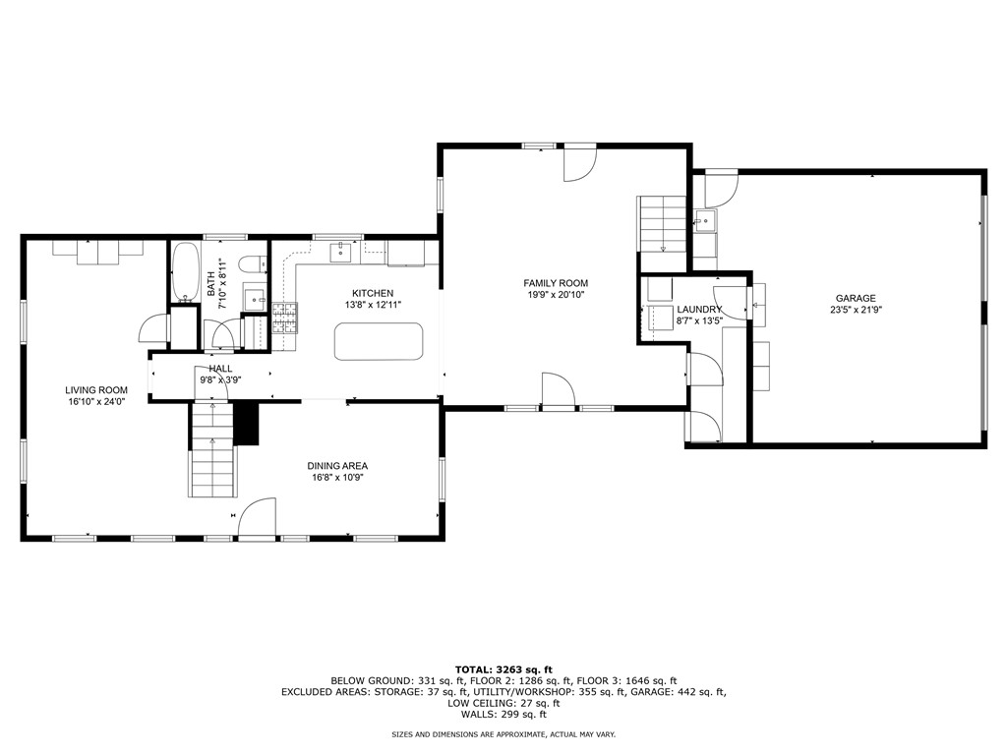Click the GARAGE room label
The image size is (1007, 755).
(856, 299)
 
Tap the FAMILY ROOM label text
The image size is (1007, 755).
(556, 283)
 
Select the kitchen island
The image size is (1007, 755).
(380, 343)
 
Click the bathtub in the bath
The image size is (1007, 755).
(185, 271)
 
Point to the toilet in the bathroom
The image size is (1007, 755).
(252, 263)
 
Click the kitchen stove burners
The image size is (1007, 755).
(284, 318)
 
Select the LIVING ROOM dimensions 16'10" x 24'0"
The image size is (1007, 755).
(97, 401)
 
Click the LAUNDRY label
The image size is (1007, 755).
(699, 310)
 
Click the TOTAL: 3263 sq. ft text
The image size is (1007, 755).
(503, 668)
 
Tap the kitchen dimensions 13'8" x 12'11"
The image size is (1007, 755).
(373, 305)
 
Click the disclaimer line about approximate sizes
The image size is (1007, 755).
(503, 734)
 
